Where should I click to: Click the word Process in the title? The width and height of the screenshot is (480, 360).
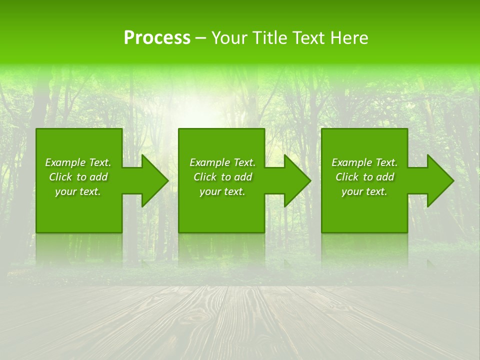(157, 38)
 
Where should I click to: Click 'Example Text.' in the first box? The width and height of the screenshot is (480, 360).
(78, 162)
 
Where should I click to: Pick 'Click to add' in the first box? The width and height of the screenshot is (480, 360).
(78, 177)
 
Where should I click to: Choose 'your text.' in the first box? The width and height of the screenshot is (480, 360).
(78, 191)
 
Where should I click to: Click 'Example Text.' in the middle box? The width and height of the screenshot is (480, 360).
(222, 162)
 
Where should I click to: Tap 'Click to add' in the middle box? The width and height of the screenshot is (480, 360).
(222, 177)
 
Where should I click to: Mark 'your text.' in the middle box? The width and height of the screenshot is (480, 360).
(222, 191)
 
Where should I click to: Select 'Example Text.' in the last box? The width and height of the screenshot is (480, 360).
(364, 162)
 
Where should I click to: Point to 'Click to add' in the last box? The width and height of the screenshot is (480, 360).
(364, 177)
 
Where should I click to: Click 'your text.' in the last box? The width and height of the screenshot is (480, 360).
(364, 191)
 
